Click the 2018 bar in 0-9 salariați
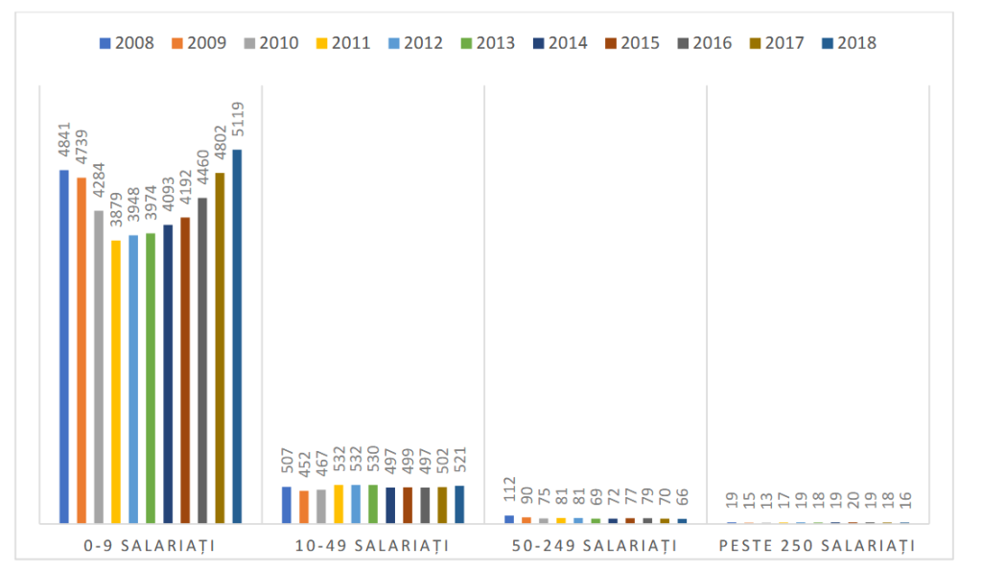pyautogui.click(x=237, y=336)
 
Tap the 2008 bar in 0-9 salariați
pyautogui.click(x=64, y=345)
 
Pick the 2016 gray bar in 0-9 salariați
pyautogui.click(x=202, y=360)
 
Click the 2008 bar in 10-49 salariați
pyautogui.click(x=287, y=505)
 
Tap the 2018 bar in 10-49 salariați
pyautogui.click(x=459, y=504)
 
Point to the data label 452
pyautogui.click(x=304, y=468)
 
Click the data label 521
pyautogui.click(x=459, y=464)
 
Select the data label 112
pyautogui.click(x=509, y=493)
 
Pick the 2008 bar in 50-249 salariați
pyautogui.click(x=509, y=519)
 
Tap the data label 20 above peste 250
pyautogui.click(x=853, y=505)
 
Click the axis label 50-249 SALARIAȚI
pyautogui.click(x=595, y=546)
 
